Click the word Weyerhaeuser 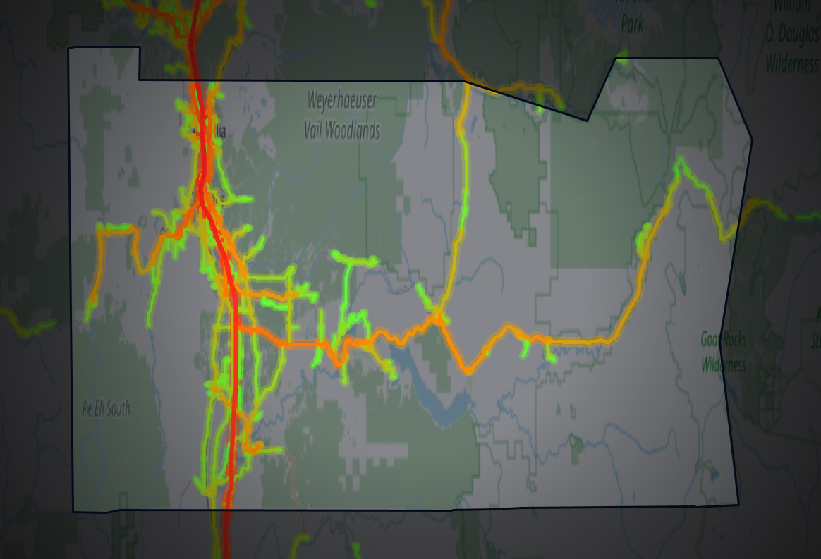[x=342, y=100]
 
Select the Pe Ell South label [x=107, y=409]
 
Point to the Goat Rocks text [x=724, y=339]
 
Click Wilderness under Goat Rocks [x=723, y=364]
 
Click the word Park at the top [x=632, y=24]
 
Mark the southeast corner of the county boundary [x=738, y=504]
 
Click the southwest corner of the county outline [x=73, y=511]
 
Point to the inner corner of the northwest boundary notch [x=140, y=80]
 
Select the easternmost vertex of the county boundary [x=752, y=140]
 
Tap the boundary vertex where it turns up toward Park [x=588, y=121]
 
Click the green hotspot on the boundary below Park [x=622, y=55]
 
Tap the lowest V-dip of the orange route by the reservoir [x=468, y=370]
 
